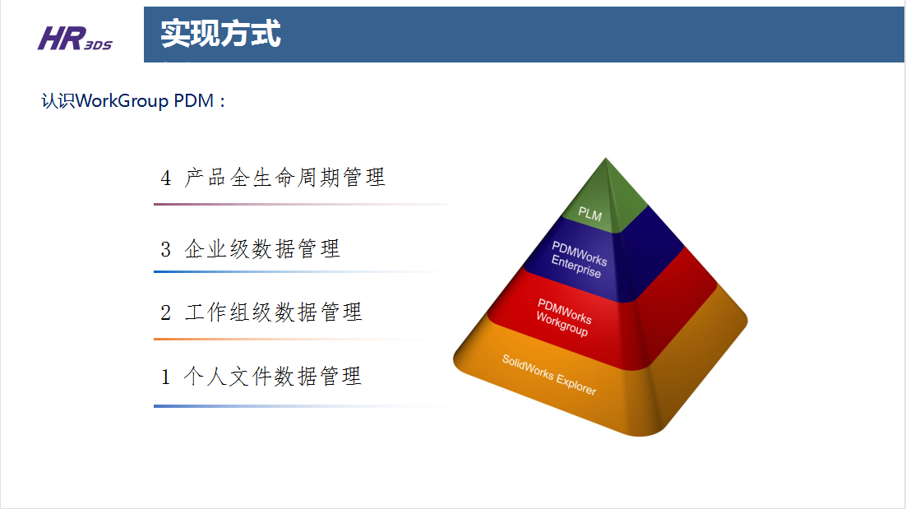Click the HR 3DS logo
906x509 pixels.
(x=75, y=39)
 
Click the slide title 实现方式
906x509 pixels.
(x=220, y=34)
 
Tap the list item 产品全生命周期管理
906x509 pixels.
(x=284, y=178)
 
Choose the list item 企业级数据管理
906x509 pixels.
(x=262, y=249)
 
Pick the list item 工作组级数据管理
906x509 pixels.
(x=273, y=312)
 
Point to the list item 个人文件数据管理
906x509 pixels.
(x=273, y=376)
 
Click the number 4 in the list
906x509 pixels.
(x=166, y=178)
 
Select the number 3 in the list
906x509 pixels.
(x=166, y=250)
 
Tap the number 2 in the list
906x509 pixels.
(x=166, y=313)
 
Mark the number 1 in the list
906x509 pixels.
(x=166, y=377)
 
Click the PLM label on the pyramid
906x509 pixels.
(x=590, y=215)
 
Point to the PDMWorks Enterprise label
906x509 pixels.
(x=578, y=260)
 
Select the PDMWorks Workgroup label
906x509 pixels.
(x=563, y=317)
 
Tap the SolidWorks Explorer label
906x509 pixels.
(x=549, y=375)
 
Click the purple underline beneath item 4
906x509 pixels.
(x=300, y=204)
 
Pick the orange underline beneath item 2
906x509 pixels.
(x=300, y=339)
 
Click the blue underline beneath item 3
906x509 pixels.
(x=300, y=271)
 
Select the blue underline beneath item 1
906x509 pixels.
(x=300, y=406)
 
